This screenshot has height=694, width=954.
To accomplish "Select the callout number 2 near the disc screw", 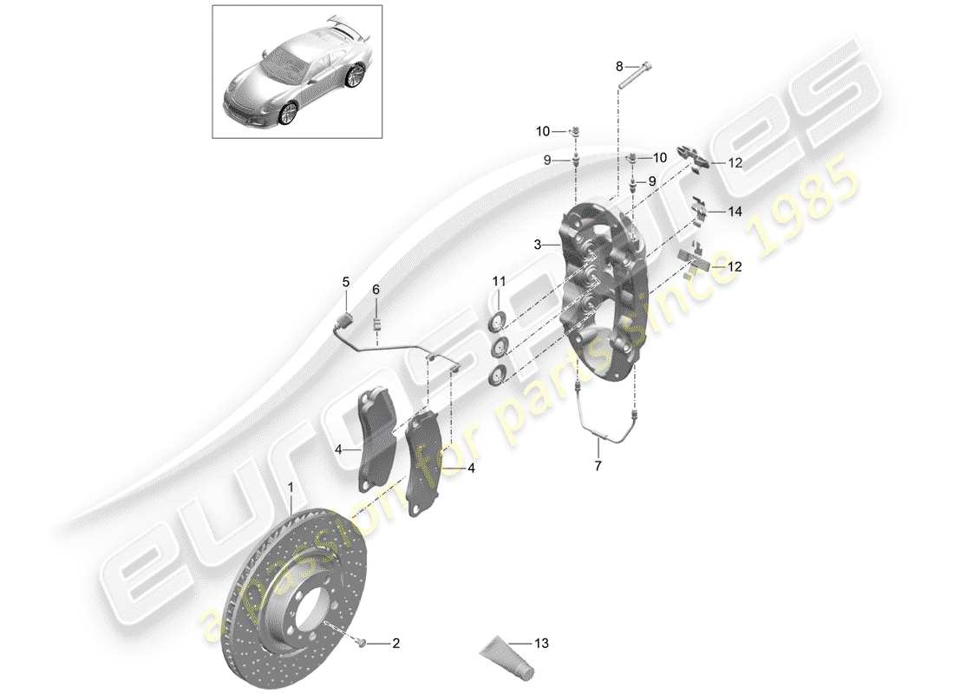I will tap(395, 644).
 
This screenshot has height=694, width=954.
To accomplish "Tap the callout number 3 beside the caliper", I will tap(539, 246).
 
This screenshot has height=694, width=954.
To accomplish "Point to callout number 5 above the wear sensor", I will tap(345, 282).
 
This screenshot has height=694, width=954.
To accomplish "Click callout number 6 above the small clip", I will tap(376, 289).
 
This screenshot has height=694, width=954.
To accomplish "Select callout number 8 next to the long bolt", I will tap(619, 66).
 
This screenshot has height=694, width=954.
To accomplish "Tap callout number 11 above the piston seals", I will tap(499, 280).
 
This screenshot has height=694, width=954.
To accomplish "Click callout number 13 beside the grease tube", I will tap(543, 644).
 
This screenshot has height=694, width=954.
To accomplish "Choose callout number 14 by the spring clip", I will tap(735, 211).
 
